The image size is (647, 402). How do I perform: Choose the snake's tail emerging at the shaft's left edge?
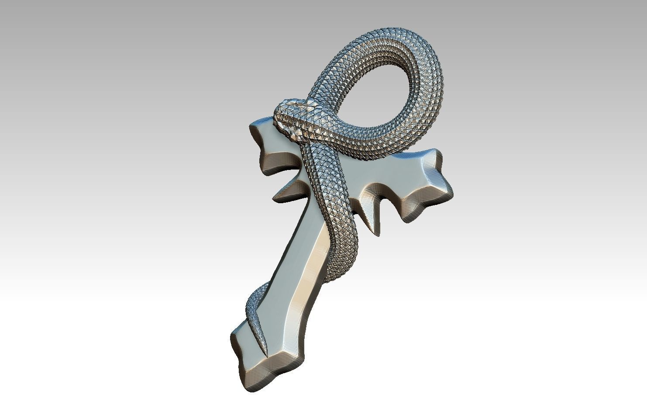(258, 297)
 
